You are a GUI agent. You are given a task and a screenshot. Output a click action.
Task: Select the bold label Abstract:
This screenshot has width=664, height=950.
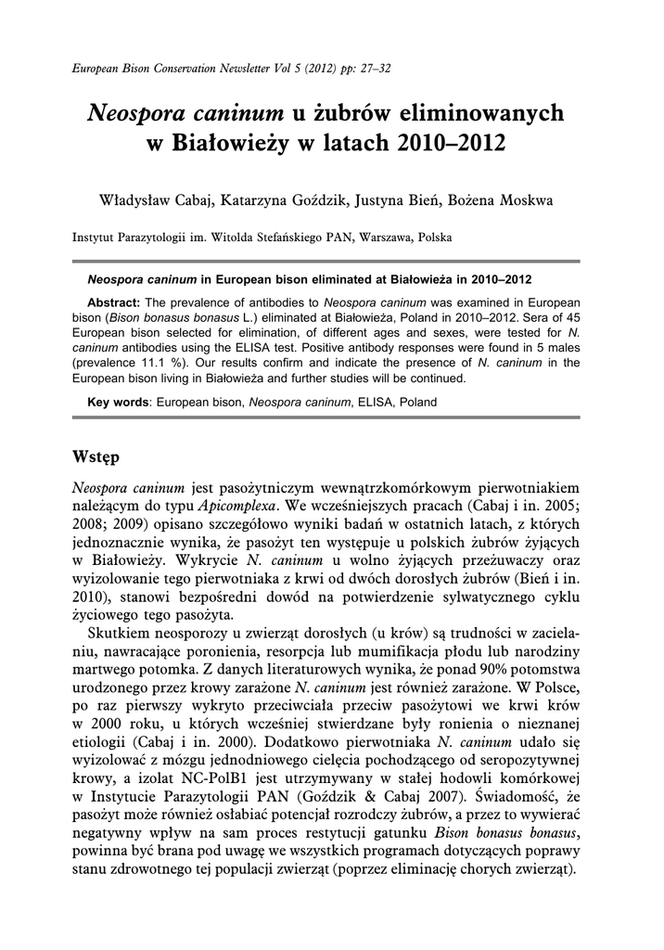click(113, 303)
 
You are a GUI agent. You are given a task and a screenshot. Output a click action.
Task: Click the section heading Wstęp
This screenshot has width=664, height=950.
click(99, 458)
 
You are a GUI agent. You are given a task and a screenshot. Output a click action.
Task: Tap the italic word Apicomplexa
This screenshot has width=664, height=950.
click(238, 507)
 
